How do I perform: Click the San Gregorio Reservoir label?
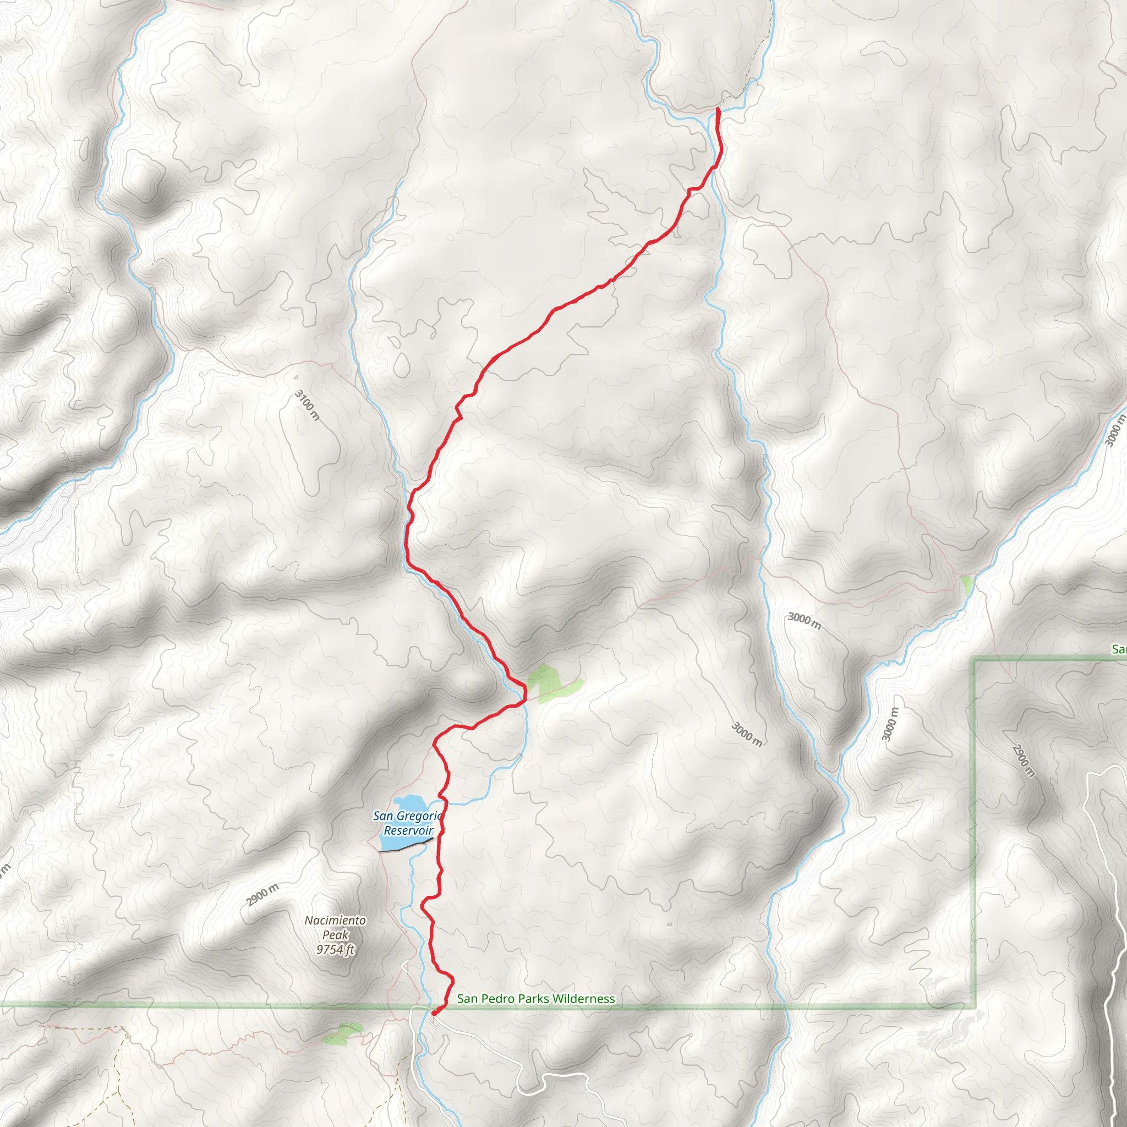coord(408,823)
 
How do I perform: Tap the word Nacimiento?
coord(336,920)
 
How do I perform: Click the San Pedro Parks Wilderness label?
coord(535,999)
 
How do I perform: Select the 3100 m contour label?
coord(308,405)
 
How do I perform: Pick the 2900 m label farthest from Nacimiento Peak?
coord(1024,761)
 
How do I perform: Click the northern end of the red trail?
coord(717,109)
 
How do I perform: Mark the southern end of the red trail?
coord(434,1012)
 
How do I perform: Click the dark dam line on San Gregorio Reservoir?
coord(407,845)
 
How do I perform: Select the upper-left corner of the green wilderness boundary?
coord(973,659)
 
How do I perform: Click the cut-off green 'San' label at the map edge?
coord(1119,649)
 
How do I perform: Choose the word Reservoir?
coord(408,830)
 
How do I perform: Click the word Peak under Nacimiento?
coord(336,934)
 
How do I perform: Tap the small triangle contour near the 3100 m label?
coord(296,377)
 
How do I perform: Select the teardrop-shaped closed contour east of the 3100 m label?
coord(401,365)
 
